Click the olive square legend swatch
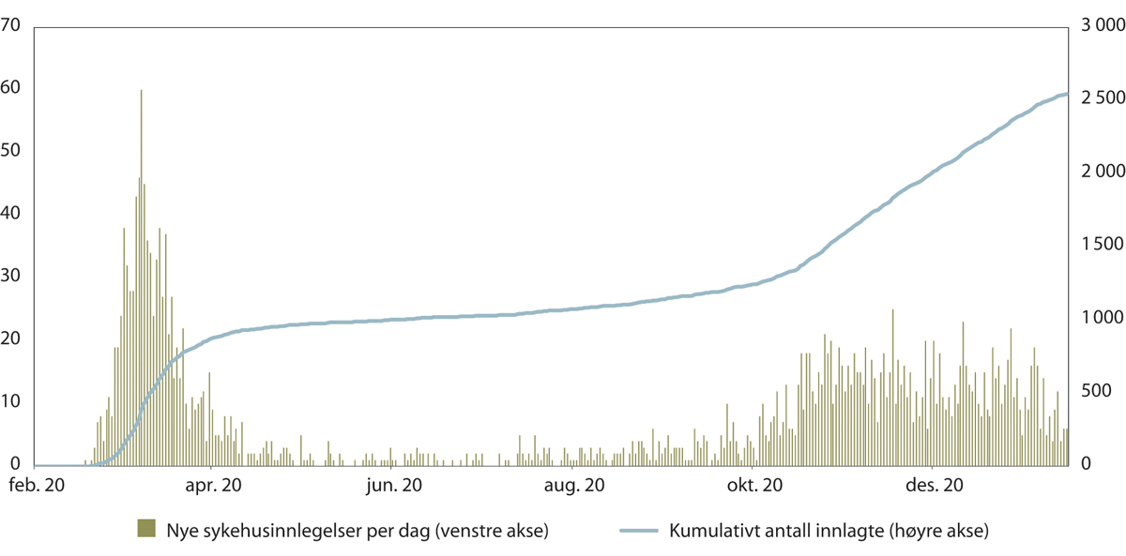[x=146, y=528]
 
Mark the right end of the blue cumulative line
[x=1068, y=94]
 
